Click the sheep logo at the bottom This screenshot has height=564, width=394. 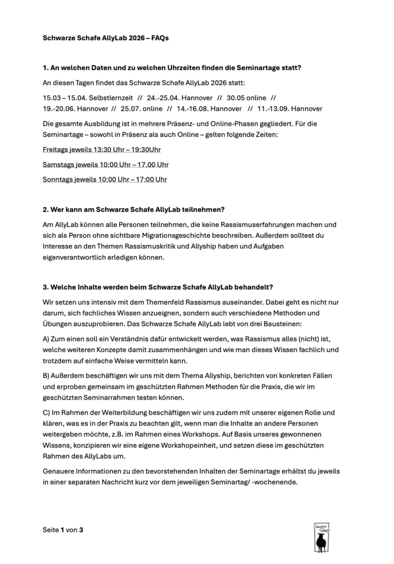[x=320, y=537]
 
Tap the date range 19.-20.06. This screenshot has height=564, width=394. [x=61, y=109]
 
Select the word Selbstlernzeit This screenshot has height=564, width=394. [x=104, y=97]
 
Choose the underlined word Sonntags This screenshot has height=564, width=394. [x=57, y=179]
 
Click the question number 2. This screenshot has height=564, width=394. [x=46, y=210]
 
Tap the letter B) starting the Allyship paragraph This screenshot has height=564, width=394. [x=47, y=375]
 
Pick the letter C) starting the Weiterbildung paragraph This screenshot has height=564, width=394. [x=47, y=412]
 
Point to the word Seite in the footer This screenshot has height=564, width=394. [x=51, y=530]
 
